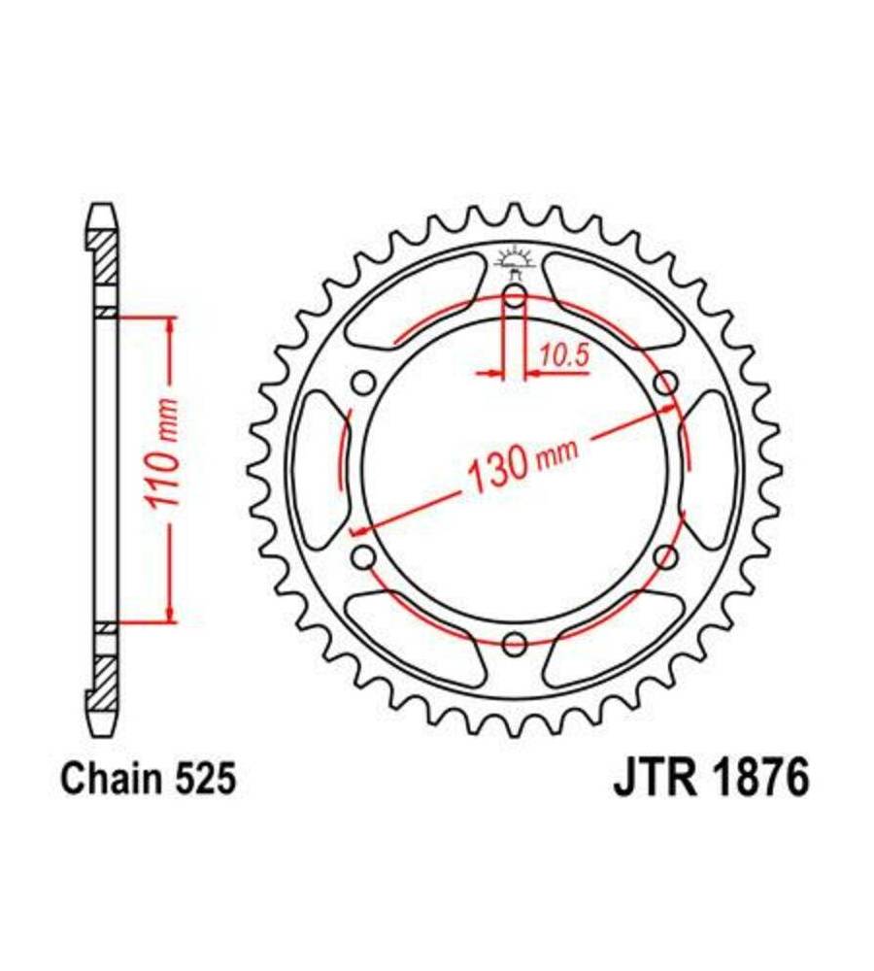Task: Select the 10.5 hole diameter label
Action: [563, 355]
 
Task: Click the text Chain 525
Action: [148, 779]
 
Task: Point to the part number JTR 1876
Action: [711, 779]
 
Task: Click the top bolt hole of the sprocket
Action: [515, 297]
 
